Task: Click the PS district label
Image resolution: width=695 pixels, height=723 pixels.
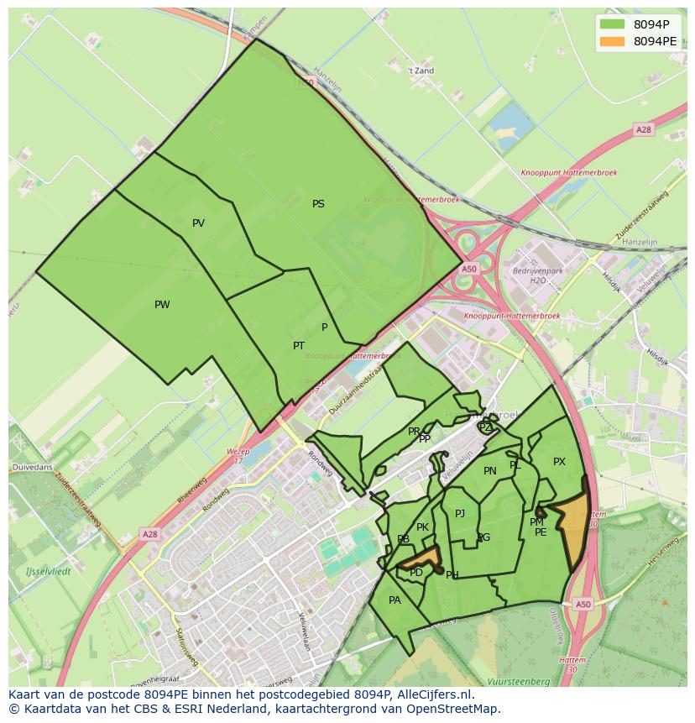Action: (x=318, y=204)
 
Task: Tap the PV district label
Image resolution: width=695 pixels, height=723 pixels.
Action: (x=198, y=223)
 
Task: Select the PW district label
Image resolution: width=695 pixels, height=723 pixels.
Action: (x=162, y=305)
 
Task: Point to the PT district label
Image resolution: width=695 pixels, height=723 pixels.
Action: (x=299, y=346)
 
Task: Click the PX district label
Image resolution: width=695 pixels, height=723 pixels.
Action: (x=559, y=462)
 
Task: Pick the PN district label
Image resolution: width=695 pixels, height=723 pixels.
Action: (x=490, y=471)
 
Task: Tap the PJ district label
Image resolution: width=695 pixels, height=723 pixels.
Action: (x=460, y=514)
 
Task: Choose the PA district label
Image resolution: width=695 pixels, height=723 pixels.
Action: (x=395, y=600)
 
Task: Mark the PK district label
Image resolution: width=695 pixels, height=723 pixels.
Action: (x=422, y=528)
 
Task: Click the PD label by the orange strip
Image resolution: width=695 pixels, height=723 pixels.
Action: (x=416, y=573)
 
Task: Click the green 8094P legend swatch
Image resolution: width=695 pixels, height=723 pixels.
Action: (x=613, y=24)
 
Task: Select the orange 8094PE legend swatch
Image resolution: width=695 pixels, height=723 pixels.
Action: (x=613, y=41)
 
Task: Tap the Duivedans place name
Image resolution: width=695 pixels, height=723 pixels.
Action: (x=32, y=466)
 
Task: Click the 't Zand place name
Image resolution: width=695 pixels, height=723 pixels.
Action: (x=421, y=71)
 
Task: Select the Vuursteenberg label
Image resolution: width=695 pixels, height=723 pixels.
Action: (x=518, y=682)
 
